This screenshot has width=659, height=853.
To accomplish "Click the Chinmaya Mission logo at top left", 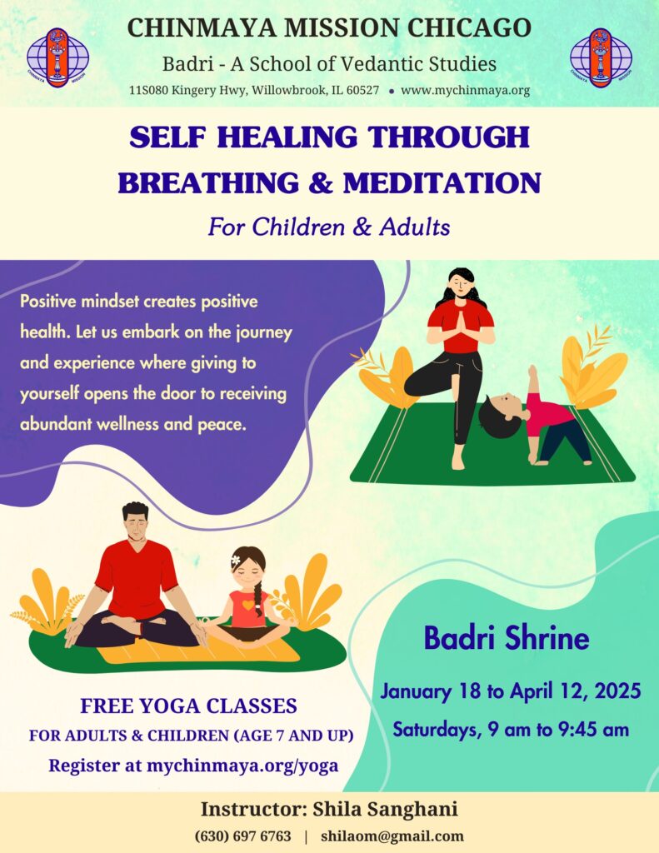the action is tap(57, 57).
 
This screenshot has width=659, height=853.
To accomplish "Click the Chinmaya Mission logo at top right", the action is tap(601, 57).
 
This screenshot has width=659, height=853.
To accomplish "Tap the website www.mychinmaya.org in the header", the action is tap(465, 90).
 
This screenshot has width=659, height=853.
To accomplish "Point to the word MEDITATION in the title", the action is tap(442, 182).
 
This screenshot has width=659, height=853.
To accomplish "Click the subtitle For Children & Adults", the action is tap(329, 227).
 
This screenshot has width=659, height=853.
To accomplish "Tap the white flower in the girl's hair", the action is tap(236, 560).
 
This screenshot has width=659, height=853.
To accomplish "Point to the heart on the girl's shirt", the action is tap(248, 605).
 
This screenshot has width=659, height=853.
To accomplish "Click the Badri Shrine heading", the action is tap(506, 638).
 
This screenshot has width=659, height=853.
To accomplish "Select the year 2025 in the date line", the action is tap(617, 691).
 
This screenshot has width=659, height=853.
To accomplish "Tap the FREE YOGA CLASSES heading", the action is tap(188, 706).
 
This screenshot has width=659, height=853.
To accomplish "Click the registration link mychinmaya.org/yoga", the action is tap(242, 766).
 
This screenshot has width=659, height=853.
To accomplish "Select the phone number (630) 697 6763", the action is tap(242, 836).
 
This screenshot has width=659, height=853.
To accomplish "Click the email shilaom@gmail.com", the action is tap(392, 836).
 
